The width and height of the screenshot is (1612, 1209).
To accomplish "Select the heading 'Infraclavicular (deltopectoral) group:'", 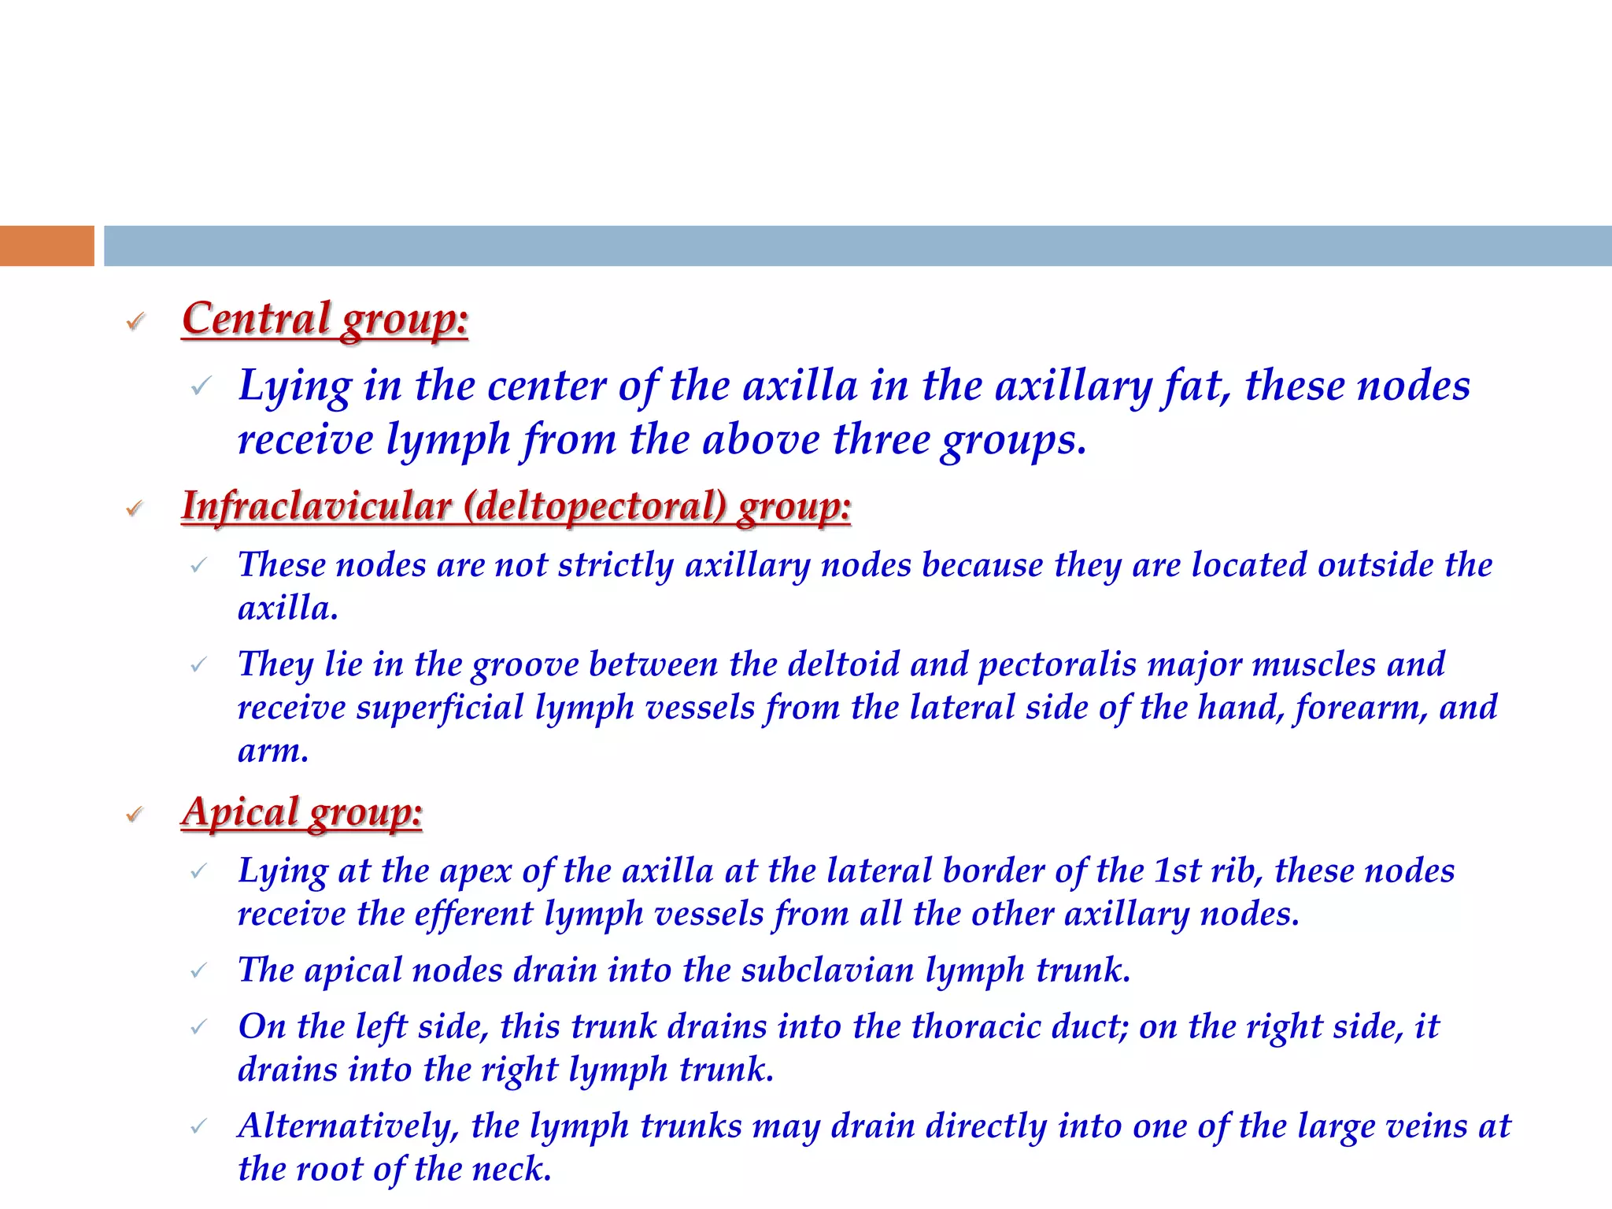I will tap(516, 505).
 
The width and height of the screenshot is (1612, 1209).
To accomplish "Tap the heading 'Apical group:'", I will tap(302, 812).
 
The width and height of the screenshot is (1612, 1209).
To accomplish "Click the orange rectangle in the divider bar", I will tap(46, 246).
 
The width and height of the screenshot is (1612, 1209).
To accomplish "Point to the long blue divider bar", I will tap(858, 246).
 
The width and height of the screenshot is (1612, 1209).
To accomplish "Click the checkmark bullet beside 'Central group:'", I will tap(135, 321).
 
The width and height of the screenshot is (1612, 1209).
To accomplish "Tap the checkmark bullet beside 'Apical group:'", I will tap(135, 814).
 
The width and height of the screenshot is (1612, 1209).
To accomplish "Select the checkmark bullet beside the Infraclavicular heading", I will tap(135, 508).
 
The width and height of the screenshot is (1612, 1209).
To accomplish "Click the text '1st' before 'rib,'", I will tap(1177, 871).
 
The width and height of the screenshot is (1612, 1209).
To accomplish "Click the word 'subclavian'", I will tap(827, 970).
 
